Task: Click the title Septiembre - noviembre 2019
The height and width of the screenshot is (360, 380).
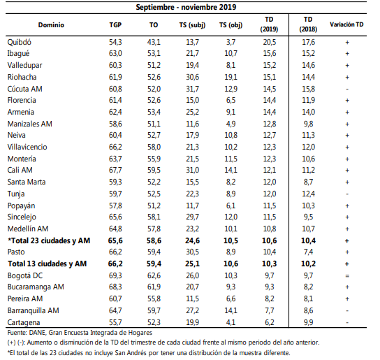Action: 186,7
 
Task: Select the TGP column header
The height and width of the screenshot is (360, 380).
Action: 115,25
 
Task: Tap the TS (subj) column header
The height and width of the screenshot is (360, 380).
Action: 192,25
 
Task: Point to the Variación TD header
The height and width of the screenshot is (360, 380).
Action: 346,24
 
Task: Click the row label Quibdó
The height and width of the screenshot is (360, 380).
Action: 19,42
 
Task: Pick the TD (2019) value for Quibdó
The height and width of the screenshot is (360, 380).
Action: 270,42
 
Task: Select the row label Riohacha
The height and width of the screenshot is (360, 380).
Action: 22,77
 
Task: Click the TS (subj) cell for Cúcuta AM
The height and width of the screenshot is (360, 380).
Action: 192,89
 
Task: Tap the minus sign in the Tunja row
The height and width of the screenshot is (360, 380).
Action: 347,194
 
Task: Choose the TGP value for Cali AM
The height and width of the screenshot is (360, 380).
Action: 115,170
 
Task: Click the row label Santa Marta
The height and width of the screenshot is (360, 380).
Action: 27,182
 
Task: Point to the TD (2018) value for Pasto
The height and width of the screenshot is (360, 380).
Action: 308,252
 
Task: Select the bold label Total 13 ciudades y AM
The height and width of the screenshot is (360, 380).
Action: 47,264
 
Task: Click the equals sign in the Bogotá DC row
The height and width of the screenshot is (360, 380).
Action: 347,276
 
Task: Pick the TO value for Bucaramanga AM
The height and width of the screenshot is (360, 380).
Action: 154,287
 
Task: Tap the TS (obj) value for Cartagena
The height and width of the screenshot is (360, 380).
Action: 231,322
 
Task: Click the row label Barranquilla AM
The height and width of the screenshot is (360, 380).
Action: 34,310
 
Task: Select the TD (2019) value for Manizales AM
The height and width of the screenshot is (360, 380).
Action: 270,124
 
